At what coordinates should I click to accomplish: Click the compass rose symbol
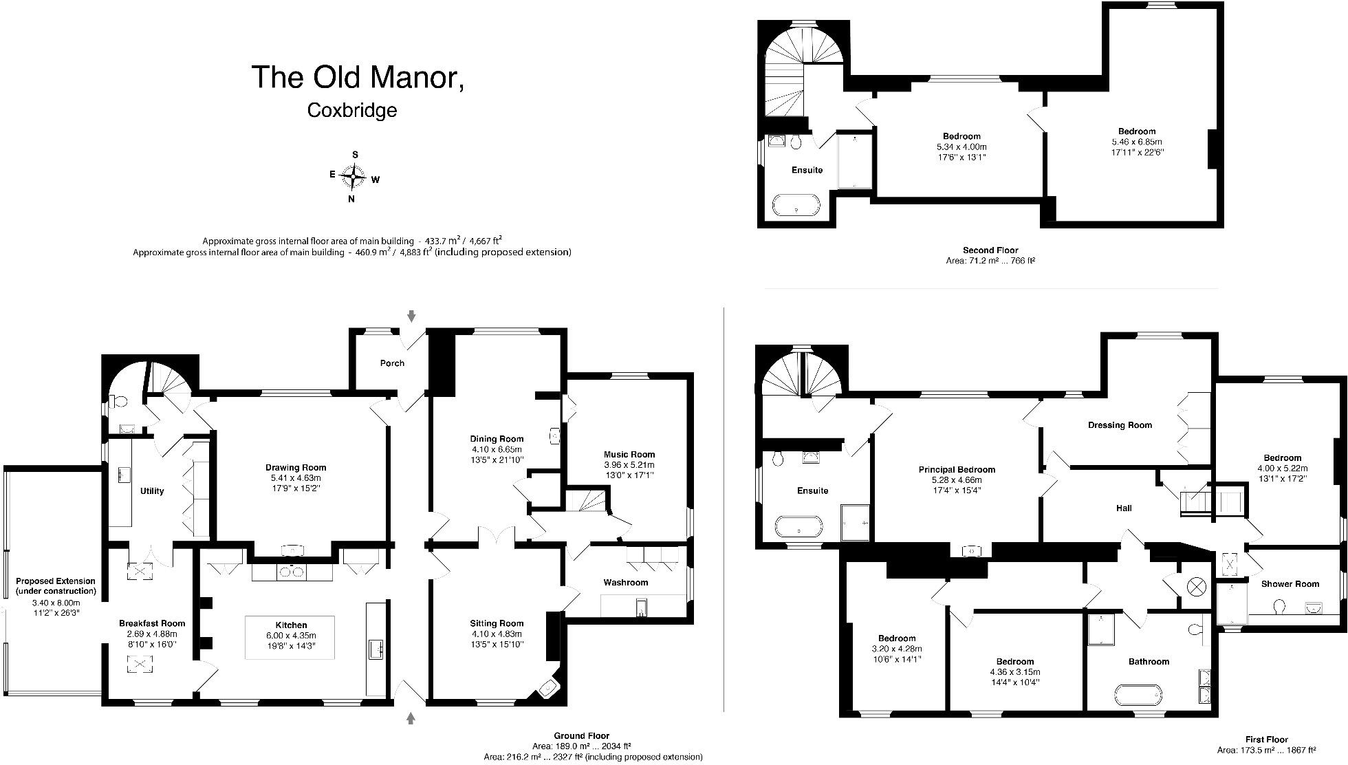coord(353,177)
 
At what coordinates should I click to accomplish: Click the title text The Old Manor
coord(358,77)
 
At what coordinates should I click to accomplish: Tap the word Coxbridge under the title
coord(352,110)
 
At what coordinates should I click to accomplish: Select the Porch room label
coord(392,363)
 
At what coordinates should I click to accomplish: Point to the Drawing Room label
coord(296,468)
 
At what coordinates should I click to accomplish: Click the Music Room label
coord(629,454)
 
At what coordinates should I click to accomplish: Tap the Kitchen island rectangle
coord(290,638)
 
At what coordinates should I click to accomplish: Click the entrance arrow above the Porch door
coord(411,316)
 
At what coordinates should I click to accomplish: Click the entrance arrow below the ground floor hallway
coord(411,718)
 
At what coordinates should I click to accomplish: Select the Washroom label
coord(626,583)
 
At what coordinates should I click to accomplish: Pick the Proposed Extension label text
coord(56,586)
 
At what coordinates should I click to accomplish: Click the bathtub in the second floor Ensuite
coord(796,205)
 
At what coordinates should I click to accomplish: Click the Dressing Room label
coord(1120,425)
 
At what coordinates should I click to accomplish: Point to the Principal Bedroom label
coord(957,470)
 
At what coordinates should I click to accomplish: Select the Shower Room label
coord(1290,584)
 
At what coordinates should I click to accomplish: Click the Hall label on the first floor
coord(1124,508)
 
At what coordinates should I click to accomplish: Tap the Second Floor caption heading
coord(990,250)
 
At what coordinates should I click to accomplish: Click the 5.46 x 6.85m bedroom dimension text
coord(1137,142)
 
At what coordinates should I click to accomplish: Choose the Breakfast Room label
coord(152,623)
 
